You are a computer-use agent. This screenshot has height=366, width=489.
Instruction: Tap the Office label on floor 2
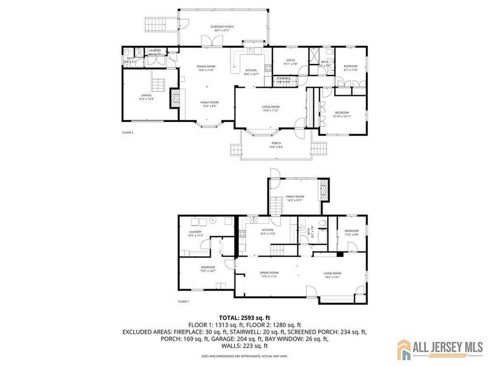click(290, 60)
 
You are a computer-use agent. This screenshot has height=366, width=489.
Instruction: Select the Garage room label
click(146, 95)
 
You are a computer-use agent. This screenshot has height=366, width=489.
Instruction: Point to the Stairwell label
click(284, 78)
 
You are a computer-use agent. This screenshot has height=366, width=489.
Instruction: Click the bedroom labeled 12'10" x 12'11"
click(341, 113)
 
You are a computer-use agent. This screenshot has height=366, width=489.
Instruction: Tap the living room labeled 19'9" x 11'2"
click(270, 107)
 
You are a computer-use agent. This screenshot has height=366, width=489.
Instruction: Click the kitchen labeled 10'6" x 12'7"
click(250, 71)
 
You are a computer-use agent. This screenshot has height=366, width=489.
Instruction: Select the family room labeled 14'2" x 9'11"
click(295, 198)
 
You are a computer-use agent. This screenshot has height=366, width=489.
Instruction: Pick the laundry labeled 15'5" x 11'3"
click(195, 232)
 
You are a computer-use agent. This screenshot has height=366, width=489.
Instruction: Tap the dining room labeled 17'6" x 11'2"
click(268, 273)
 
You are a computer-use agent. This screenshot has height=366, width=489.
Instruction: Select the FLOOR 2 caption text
click(127, 132)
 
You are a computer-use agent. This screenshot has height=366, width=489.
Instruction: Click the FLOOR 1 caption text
click(184, 302)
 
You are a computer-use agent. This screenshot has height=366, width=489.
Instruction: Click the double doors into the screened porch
click(208, 41)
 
